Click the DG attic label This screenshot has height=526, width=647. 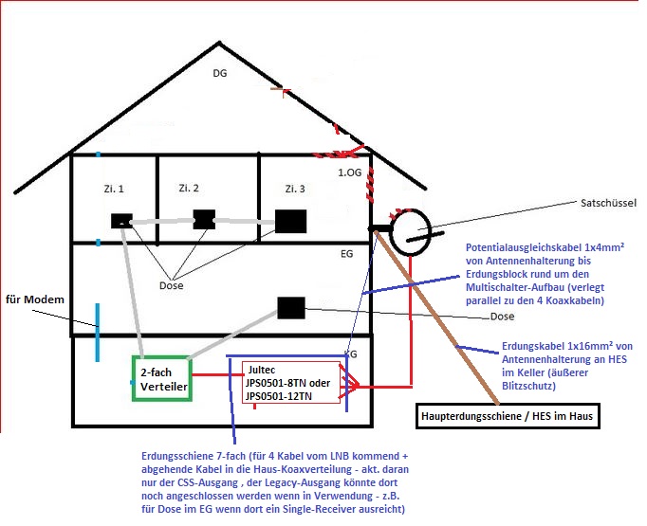[220, 73]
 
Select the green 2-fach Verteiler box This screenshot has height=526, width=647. [160, 379]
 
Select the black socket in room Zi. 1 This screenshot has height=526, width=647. [121, 221]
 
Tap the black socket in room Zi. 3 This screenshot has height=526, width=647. [290, 221]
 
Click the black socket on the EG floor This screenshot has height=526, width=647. [290, 308]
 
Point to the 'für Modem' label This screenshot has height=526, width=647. [34, 300]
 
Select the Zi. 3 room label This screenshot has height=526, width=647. [294, 189]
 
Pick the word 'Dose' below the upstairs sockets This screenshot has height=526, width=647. [172, 284]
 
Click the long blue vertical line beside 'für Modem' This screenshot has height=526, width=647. [97, 332]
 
